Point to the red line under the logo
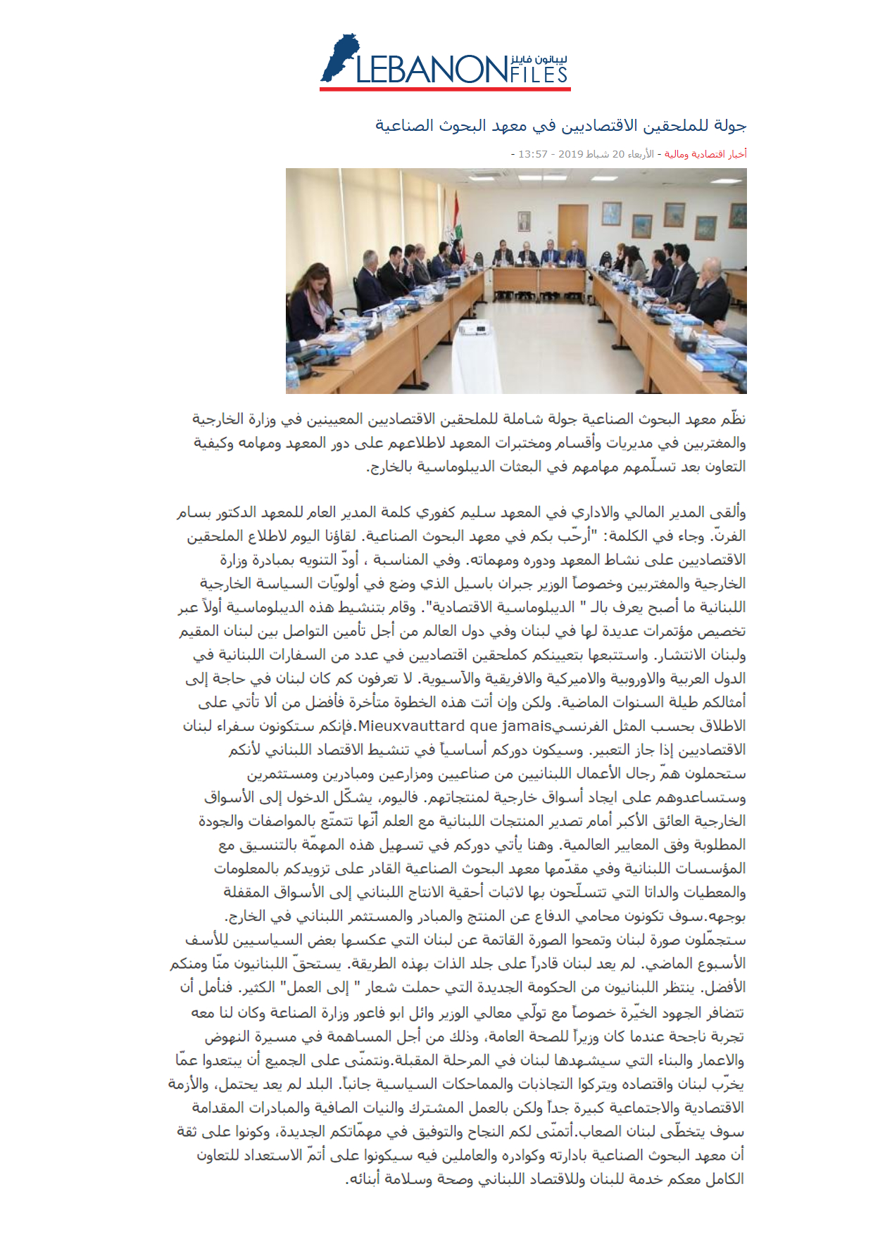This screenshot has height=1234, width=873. click(x=445, y=89)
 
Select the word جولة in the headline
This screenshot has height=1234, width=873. click(x=730, y=126)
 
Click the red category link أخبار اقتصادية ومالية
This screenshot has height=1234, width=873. click(x=705, y=154)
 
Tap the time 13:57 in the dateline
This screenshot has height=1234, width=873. click(x=532, y=154)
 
